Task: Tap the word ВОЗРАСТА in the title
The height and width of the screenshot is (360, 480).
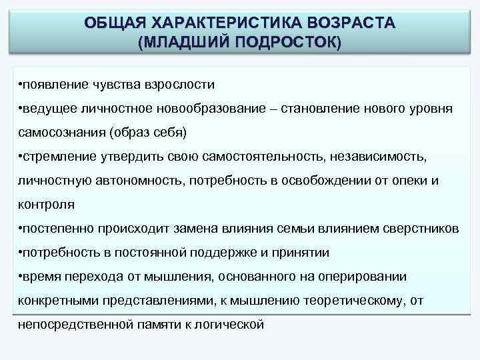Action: pos(349,22)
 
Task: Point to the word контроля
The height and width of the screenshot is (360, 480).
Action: pos(46,204)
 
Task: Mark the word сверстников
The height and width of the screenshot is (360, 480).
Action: pos(421,228)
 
